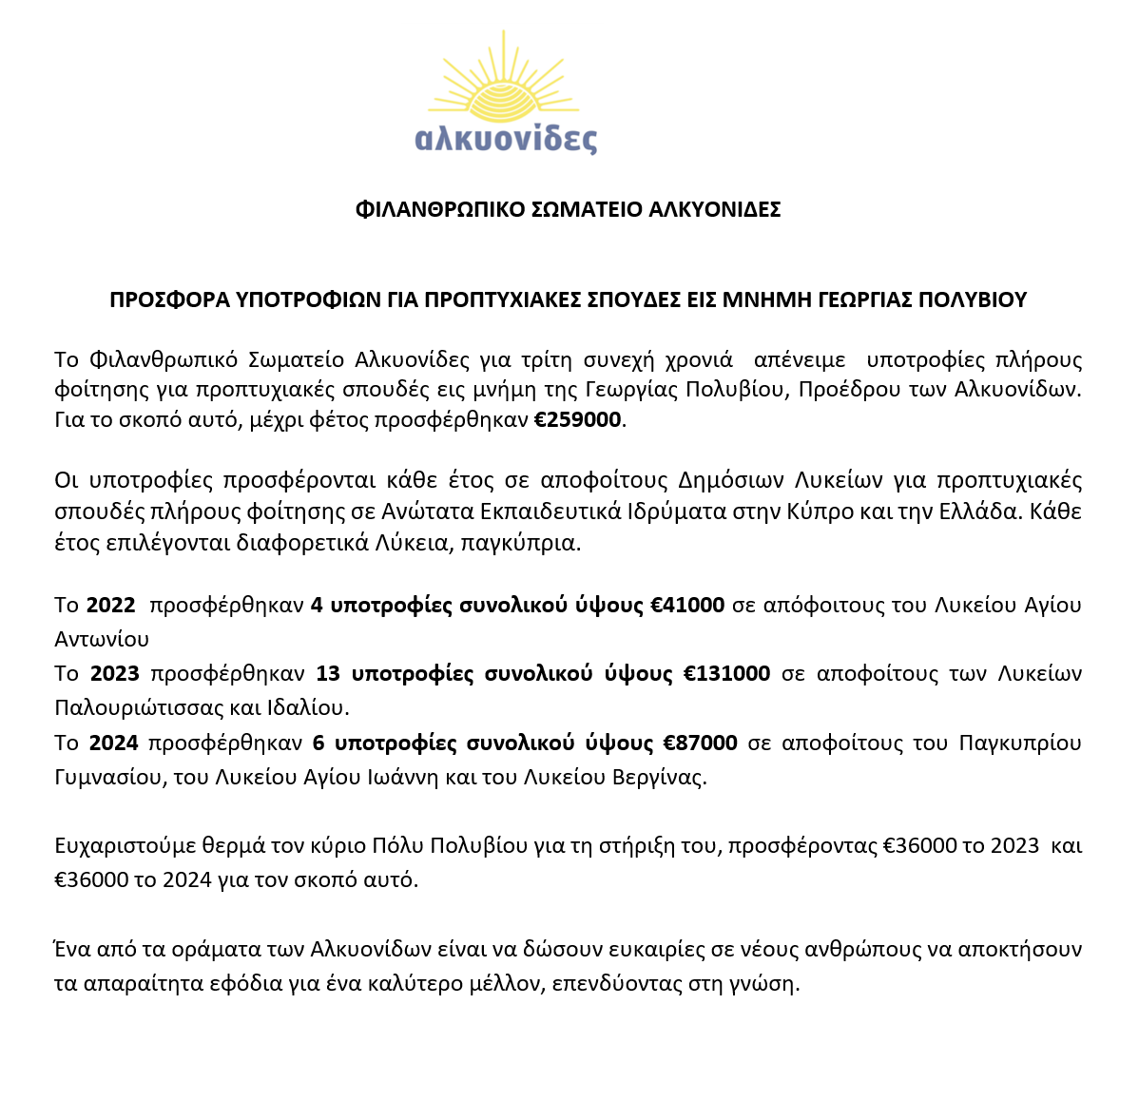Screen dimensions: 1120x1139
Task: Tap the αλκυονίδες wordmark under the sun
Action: (x=506, y=138)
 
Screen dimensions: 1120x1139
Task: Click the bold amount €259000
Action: (x=577, y=420)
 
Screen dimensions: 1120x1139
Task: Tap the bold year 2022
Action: (x=111, y=605)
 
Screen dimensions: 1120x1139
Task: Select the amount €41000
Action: (x=687, y=605)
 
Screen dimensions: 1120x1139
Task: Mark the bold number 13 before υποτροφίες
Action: (x=328, y=673)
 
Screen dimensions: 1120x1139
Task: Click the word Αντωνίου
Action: (x=102, y=639)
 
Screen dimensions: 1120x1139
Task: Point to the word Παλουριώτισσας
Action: (x=129, y=707)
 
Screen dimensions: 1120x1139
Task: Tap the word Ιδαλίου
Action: (x=313, y=707)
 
